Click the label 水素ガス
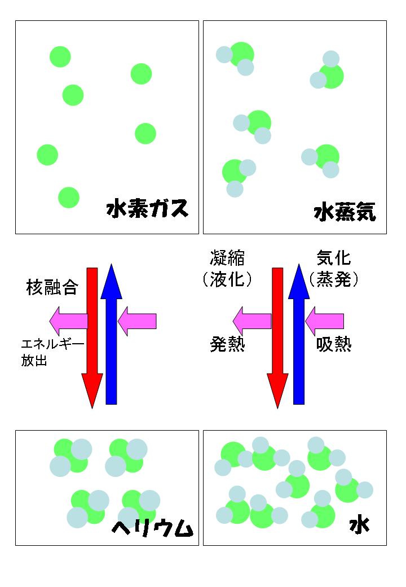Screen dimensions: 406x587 [147, 208]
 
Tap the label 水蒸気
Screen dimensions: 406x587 [345, 212]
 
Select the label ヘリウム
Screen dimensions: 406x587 [152, 528]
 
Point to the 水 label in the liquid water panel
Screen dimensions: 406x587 [359, 525]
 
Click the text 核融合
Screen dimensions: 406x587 [52, 287]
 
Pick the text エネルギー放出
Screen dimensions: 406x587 [52, 352]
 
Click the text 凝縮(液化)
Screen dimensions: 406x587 [227, 269]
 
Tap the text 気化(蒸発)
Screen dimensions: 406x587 [333, 269]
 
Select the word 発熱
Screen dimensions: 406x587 [227, 344]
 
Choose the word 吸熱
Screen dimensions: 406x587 [334, 344]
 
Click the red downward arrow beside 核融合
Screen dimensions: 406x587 [92, 338]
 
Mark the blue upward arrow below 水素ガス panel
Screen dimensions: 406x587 [112, 334]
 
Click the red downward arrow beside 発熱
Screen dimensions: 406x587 [277, 338]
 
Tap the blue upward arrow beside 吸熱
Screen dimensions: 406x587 [299, 334]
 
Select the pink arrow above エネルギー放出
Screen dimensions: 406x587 [69, 321]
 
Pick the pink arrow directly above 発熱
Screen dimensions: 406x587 [253, 321]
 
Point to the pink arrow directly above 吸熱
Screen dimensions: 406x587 [324, 321]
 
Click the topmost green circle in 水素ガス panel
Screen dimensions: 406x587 [60, 57]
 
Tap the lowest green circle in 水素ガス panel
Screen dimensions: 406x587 [69, 198]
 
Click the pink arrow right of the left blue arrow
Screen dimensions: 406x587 [137, 321]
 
